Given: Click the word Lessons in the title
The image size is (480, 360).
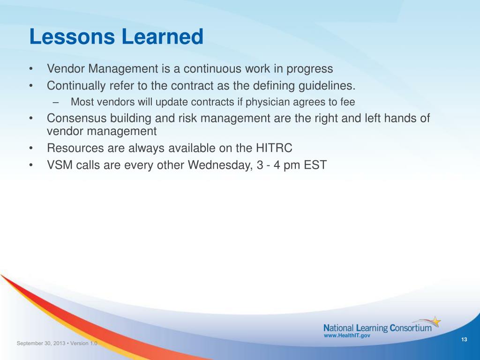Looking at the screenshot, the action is coord(72,37).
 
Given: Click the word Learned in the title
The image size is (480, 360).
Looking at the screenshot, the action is coord(163,37).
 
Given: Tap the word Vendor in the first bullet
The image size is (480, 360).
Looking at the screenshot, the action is coord(66,68).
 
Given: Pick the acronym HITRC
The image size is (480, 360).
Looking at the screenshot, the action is coord(274,148).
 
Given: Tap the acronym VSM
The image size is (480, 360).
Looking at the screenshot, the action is coord(60,165).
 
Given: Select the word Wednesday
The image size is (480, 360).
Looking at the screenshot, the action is coord(220,165).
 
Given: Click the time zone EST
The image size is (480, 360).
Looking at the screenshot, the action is coord(315,165).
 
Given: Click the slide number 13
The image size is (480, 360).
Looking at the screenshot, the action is coord(464,339).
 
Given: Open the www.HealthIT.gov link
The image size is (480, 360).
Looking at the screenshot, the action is coord(347,336).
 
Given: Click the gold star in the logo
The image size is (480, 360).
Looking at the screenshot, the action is coord(436,322).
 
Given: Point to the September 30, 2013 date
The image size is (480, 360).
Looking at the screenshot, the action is coord(41,343).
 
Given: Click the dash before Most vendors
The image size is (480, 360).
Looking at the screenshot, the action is coord(55,103).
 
